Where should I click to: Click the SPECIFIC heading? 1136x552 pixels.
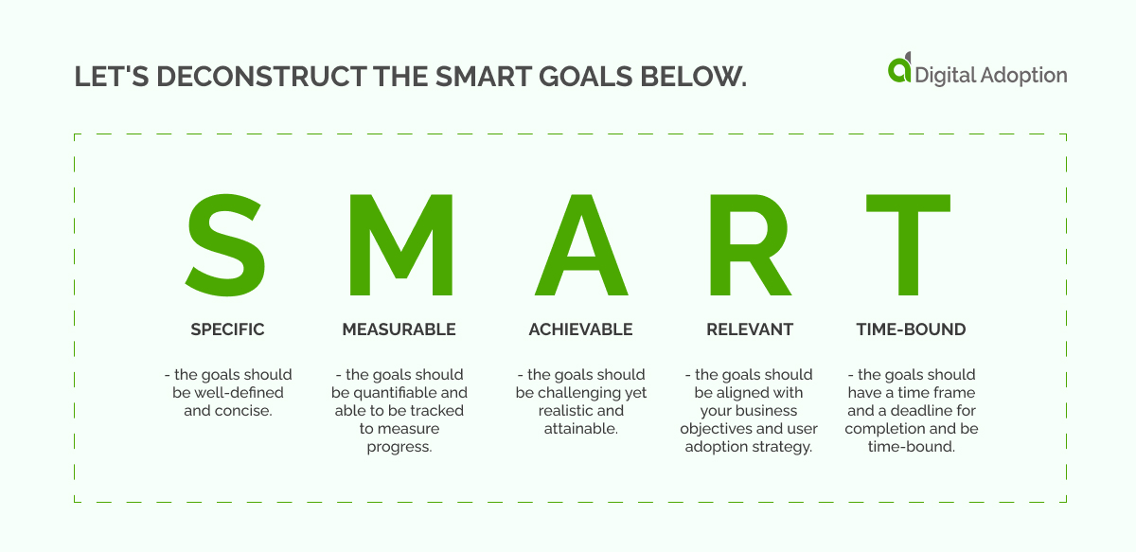point(227,329)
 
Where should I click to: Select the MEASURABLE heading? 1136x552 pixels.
point(399,329)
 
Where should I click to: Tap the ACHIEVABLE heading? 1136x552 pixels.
point(580,329)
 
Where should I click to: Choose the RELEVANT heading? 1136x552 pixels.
point(749,329)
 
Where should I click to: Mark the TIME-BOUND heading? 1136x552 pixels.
point(911,329)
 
